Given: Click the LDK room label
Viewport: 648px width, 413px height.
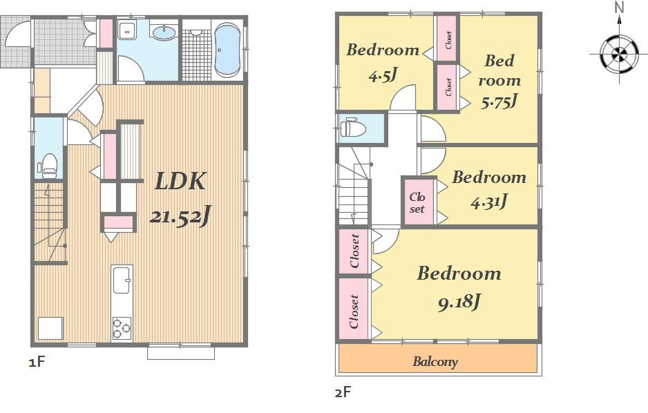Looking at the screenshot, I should [x=180, y=182].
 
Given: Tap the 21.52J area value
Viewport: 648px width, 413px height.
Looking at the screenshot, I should [x=180, y=216].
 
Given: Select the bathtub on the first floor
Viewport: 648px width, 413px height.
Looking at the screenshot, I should [x=227, y=50].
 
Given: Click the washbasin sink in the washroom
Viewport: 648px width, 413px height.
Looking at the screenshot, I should [x=163, y=32].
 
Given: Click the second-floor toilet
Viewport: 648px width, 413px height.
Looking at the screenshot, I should [x=352, y=128].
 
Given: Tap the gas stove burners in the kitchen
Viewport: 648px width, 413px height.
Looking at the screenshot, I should [x=122, y=327].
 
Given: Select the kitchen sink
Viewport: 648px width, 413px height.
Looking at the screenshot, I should [x=122, y=279].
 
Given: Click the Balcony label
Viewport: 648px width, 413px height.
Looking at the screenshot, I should [x=435, y=361].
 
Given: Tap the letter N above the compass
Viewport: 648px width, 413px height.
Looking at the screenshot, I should [x=620, y=8].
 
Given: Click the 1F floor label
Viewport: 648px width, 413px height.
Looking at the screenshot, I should [x=37, y=361].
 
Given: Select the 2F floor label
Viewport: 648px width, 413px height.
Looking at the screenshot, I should [x=343, y=393].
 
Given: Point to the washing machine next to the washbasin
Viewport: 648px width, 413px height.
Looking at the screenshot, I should [x=128, y=32].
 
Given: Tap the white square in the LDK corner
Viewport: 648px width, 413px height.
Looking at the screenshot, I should [x=50, y=328].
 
